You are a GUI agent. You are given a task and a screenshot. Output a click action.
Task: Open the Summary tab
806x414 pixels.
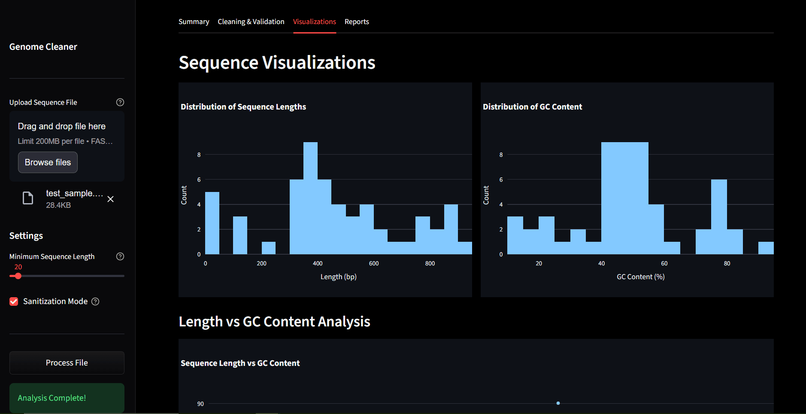tap(194, 21)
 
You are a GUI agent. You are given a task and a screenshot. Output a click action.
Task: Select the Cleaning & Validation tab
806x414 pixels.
tap(251, 21)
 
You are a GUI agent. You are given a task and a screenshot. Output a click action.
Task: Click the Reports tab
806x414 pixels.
tap(357, 21)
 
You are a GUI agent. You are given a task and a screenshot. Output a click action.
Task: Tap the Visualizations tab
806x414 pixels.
tap(314, 21)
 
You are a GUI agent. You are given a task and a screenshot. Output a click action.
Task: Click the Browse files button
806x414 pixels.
tap(48, 162)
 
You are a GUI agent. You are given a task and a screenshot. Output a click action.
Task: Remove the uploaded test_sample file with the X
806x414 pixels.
tap(110, 199)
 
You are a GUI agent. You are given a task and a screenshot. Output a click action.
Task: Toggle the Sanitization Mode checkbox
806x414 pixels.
tap(14, 301)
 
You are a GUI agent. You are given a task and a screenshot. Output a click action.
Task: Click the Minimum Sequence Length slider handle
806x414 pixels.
tap(18, 276)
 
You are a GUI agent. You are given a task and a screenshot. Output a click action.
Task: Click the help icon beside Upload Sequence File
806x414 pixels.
tap(120, 102)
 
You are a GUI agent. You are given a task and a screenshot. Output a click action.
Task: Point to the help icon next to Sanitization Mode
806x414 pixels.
tap(96, 301)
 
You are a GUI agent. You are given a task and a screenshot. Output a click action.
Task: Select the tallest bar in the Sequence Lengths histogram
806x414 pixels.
tap(310, 198)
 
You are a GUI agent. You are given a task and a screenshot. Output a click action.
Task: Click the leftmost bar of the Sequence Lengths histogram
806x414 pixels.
tap(212, 223)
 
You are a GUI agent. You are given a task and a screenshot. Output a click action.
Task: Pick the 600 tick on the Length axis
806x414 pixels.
tap(374, 264)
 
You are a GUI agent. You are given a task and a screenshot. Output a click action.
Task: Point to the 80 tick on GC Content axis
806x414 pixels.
tap(727, 264)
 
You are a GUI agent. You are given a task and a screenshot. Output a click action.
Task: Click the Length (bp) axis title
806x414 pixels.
tap(338, 277)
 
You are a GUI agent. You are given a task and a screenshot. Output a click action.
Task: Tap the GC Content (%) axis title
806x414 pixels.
tap(640, 277)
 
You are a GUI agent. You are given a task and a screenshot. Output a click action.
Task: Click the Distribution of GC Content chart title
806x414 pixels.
tap(532, 107)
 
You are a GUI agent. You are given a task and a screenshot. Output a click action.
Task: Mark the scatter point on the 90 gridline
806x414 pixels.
tap(558, 403)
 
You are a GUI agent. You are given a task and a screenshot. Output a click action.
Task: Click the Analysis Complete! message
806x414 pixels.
tap(52, 398)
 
